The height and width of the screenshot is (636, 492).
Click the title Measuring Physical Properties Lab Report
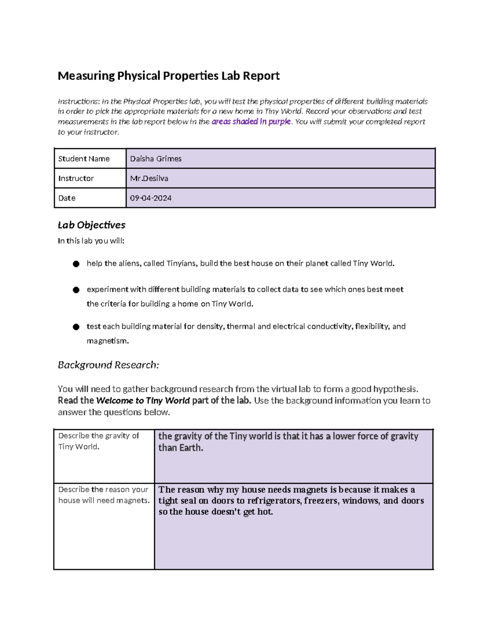(169, 76)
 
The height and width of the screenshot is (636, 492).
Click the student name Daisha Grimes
(156, 159)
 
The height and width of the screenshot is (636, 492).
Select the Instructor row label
(76, 179)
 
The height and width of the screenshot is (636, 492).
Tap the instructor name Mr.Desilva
(149, 179)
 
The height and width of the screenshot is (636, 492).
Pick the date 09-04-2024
(150, 198)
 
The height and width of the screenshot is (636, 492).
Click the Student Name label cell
(84, 159)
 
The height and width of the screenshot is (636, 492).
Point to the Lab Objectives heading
(91, 225)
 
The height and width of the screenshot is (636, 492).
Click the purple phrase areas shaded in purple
(251, 122)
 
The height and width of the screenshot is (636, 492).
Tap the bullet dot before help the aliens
(76, 264)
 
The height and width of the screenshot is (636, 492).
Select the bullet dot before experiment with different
(76, 290)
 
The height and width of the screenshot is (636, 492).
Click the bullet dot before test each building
(76, 327)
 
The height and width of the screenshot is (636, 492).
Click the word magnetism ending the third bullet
(107, 341)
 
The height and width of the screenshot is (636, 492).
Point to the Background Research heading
(108, 365)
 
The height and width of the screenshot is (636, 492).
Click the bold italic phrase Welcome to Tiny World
(143, 401)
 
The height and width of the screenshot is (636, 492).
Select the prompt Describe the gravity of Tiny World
(98, 441)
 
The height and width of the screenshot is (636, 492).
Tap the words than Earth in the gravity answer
(180, 448)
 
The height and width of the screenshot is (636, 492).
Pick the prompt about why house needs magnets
(104, 495)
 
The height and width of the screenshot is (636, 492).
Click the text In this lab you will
(91, 241)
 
